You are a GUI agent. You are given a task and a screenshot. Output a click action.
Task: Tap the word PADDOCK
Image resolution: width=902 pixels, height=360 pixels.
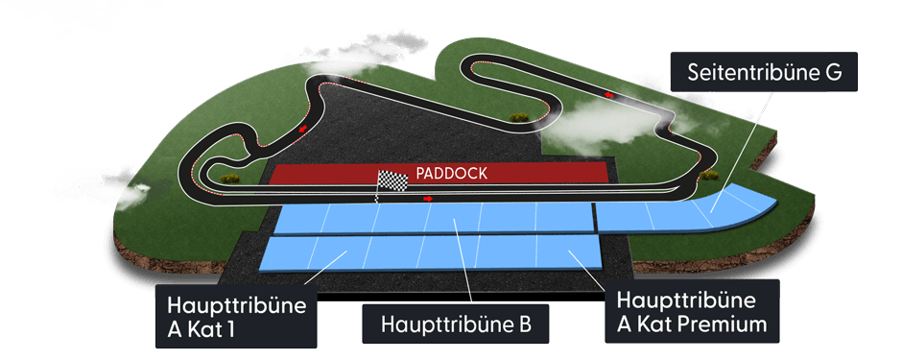tap(452, 174)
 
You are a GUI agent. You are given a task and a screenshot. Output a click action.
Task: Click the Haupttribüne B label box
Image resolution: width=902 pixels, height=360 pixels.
tap(455, 323)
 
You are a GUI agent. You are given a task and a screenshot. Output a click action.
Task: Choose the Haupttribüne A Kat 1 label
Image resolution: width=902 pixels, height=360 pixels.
tap(236, 315)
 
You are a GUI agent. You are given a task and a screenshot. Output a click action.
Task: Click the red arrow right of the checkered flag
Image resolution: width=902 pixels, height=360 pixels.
tap(428, 199)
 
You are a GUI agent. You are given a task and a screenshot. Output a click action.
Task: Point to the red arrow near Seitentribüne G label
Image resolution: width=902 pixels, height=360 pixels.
tap(609, 95)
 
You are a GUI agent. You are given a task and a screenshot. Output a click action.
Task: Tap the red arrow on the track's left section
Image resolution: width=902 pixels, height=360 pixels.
tap(304, 127)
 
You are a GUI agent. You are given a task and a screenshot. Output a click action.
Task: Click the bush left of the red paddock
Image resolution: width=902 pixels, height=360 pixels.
tap(228, 178)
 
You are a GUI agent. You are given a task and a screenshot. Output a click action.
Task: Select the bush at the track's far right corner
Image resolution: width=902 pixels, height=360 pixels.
tap(710, 175)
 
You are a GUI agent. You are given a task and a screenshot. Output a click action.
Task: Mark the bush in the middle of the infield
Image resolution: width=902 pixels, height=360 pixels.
tap(521, 117)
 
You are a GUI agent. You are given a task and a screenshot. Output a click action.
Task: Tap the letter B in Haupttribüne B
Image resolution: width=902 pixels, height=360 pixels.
tap(524, 323)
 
